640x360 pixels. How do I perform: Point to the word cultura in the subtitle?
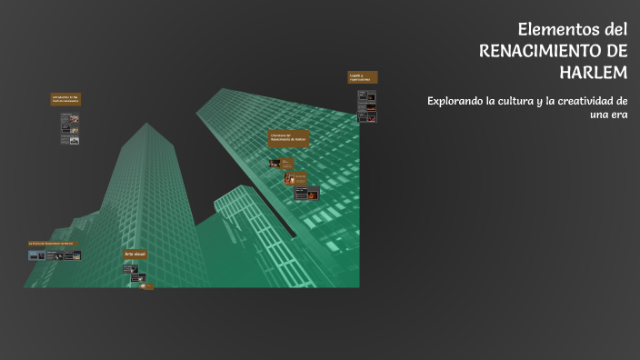click(x=520, y=100)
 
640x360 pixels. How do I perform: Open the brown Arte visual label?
click(x=135, y=254)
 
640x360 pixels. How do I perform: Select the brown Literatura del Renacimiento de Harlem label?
click(x=288, y=138)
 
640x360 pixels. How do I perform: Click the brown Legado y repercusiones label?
click(x=362, y=77)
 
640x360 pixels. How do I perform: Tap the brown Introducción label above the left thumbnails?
click(x=66, y=99)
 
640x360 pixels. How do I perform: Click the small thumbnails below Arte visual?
click(x=138, y=277)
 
